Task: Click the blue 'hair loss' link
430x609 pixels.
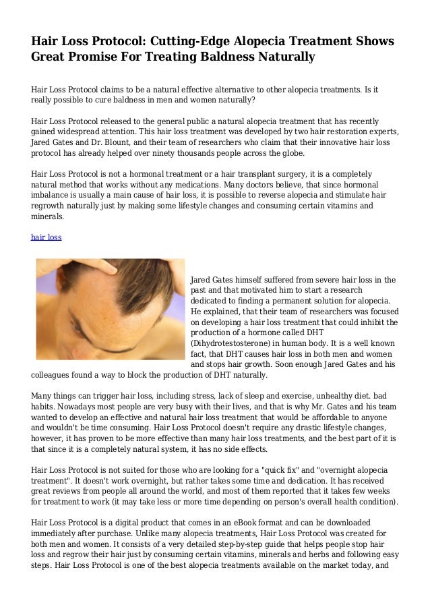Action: (47, 237)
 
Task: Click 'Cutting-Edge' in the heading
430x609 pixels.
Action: (176, 42)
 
